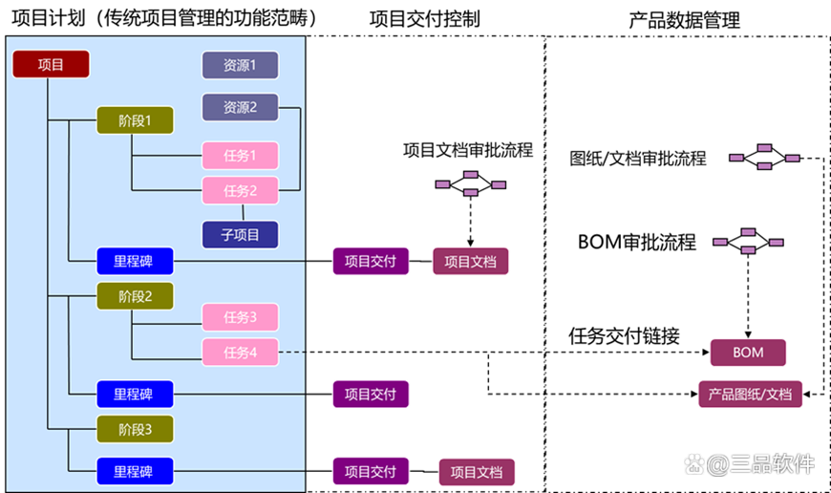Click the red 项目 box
click(x=51, y=65)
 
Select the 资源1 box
click(x=240, y=65)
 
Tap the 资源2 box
click(x=240, y=107)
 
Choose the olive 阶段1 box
click(x=135, y=120)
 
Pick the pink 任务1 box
click(x=240, y=156)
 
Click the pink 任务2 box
click(x=240, y=191)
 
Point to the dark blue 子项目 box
click(x=240, y=234)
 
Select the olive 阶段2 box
click(x=135, y=295)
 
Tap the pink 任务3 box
click(x=240, y=317)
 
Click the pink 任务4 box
click(x=240, y=352)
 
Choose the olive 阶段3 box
click(x=135, y=429)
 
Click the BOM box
click(x=748, y=352)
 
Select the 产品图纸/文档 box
click(x=750, y=394)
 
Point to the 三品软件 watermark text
click(x=772, y=465)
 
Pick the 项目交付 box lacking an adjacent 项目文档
click(x=371, y=394)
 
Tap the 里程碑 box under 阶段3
click(x=135, y=471)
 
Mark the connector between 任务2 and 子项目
click(x=243, y=213)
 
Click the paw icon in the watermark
click(x=694, y=465)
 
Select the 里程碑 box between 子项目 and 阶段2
click(x=135, y=260)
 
